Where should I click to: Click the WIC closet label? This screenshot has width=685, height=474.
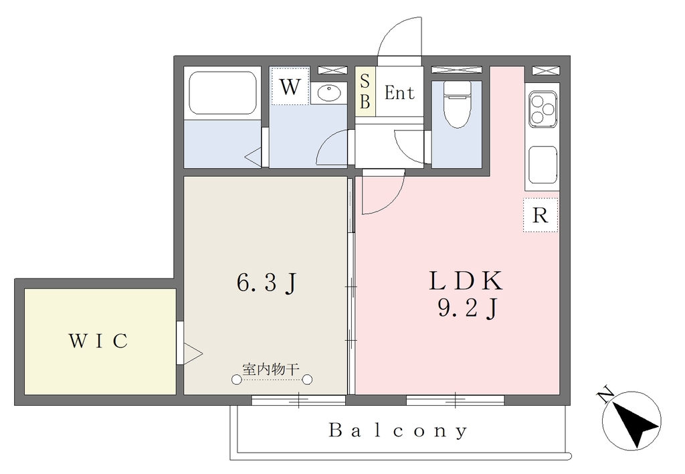point(98,341)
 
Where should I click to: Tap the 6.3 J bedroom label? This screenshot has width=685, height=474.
point(267,283)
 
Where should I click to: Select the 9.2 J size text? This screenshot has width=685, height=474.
point(467,309)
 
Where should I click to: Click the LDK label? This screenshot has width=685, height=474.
point(466,281)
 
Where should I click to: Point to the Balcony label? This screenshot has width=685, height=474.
point(398,430)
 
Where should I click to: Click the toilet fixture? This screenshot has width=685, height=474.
point(457,104)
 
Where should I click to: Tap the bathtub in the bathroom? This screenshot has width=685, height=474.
point(222,92)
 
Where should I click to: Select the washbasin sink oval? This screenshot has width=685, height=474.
point(328,92)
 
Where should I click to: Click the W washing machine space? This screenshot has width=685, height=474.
point(290,86)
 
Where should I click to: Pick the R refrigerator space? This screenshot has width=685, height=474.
point(541,215)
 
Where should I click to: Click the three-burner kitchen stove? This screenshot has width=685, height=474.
point(543,109)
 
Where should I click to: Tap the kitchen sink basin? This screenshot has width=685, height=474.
point(543,165)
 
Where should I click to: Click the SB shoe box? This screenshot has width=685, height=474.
point(365,92)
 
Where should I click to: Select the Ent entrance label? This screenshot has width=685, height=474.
point(399,93)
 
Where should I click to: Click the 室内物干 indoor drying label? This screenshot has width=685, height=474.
point(271,370)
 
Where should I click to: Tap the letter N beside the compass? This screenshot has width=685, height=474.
point(605,394)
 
